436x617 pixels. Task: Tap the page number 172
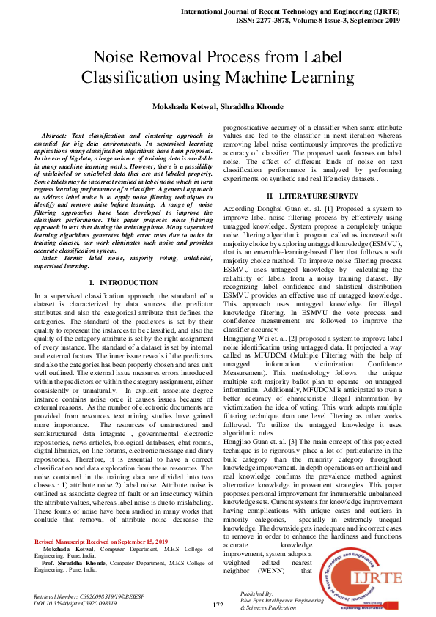pos(218,605)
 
